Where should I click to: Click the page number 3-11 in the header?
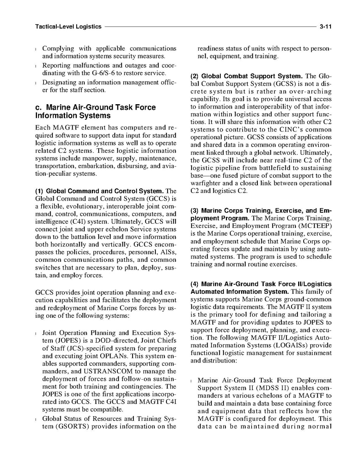325,27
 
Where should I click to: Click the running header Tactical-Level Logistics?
68,27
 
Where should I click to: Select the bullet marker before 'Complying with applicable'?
36,49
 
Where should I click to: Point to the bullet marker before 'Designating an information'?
36,83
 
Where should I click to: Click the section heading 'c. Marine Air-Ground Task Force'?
95,107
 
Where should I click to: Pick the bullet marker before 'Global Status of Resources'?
36,419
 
